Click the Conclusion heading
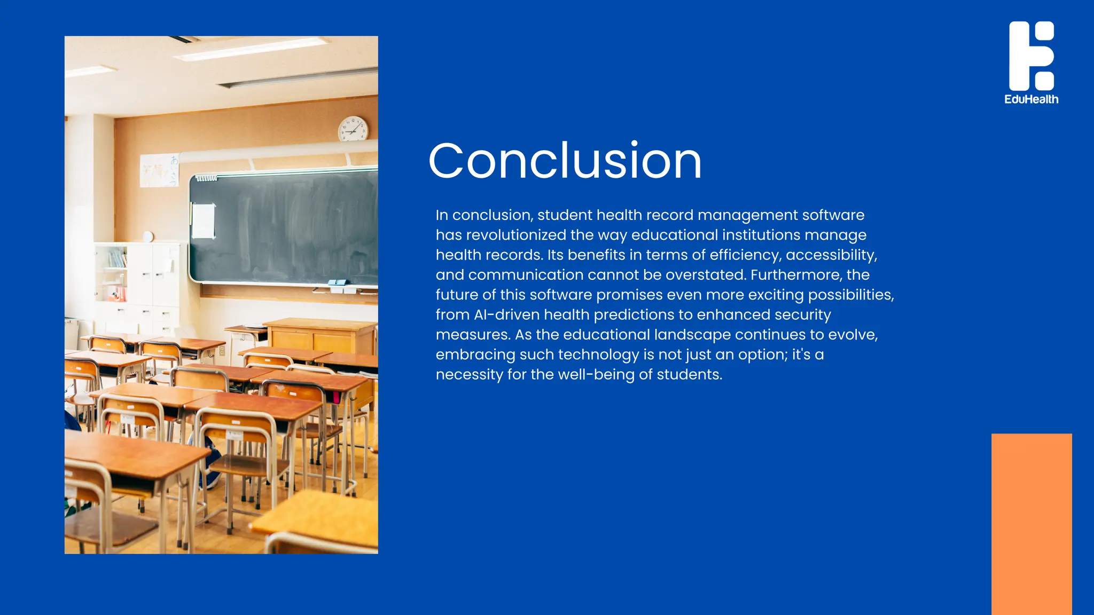click(565, 161)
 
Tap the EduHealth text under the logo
click(1031, 99)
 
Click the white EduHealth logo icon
click(1031, 56)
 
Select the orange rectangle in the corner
click(1031, 523)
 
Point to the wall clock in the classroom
click(353, 129)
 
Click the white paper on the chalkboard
click(203, 220)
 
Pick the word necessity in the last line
click(469, 375)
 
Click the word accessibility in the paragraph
click(831, 255)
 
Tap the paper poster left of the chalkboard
click(159, 170)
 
